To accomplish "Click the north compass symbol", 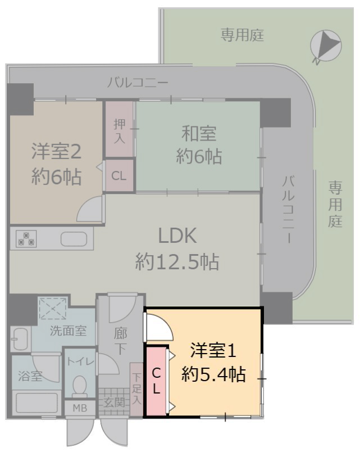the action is pos(326,46).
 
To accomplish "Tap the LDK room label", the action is pos(177,236).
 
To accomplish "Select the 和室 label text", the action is pos(199,134).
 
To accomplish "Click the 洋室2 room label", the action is pos(56,151).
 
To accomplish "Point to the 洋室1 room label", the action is pos(213,351).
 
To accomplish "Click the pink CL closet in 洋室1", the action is pos(156,381).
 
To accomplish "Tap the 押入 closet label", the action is pos(120,130).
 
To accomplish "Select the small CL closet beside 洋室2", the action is pos(119,175).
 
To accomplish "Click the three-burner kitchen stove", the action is pos(26,239).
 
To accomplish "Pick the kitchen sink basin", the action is pos(74,239).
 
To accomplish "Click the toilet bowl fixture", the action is pos(80,385).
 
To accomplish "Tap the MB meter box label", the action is pos(80,408).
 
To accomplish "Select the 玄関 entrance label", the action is pos(115,403).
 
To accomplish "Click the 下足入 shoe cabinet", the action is pos(137,389).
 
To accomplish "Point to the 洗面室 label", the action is pos(69,331).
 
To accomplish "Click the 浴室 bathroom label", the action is pos(30,376).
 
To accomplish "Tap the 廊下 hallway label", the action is pos(120,341).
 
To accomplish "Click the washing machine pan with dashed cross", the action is pos(53,309).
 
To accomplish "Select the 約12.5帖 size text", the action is pos(177,262).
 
